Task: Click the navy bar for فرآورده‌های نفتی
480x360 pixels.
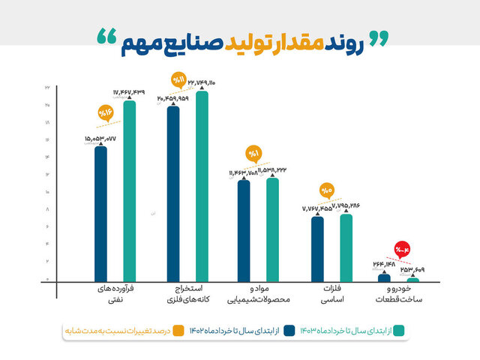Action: point(101,214)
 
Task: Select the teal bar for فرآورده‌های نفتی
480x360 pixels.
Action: point(130,191)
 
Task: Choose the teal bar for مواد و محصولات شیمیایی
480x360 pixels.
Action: point(272,229)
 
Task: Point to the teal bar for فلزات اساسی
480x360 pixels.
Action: point(346,247)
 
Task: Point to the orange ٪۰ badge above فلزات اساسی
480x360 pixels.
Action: point(326,191)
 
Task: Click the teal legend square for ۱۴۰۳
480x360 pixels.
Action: point(400,330)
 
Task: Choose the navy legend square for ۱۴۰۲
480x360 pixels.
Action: point(288,330)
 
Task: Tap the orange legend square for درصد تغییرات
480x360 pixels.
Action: point(178,330)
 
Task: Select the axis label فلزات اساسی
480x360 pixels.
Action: point(327,295)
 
